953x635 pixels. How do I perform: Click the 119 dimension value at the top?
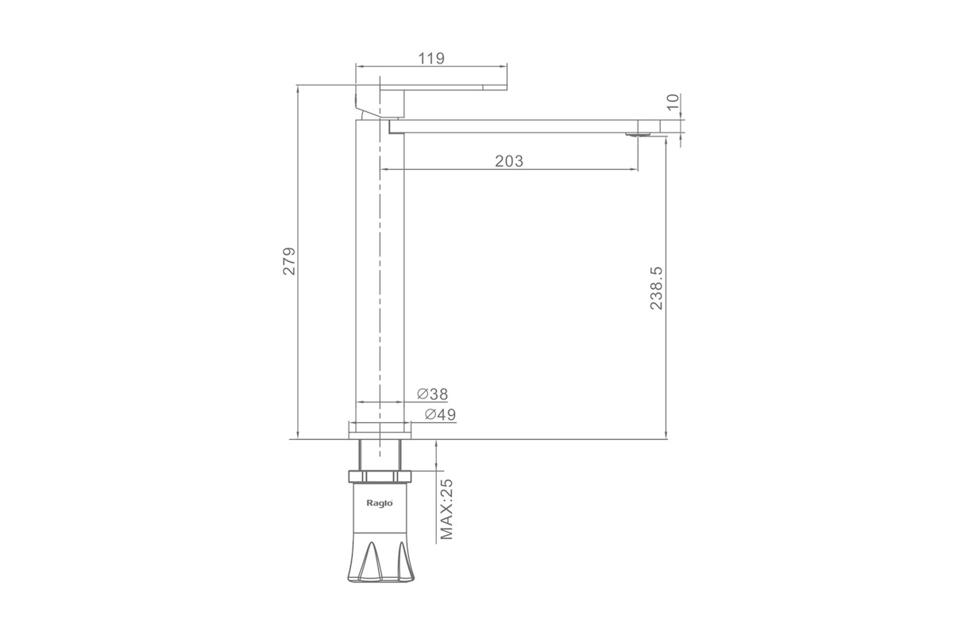pos(431,58)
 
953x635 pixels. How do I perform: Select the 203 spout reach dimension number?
pos(509,161)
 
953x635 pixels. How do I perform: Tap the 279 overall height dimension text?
pos(289,261)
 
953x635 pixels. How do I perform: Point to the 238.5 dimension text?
pos(657,288)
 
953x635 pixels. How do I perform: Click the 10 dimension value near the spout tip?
pos(673,102)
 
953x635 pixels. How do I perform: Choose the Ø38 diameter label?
pos(433,394)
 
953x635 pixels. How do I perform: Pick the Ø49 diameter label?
pos(440,414)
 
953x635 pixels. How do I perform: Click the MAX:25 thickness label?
pos(446,509)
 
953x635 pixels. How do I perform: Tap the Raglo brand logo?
pos(380,503)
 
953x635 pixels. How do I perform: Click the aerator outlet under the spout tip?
pos(639,135)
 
